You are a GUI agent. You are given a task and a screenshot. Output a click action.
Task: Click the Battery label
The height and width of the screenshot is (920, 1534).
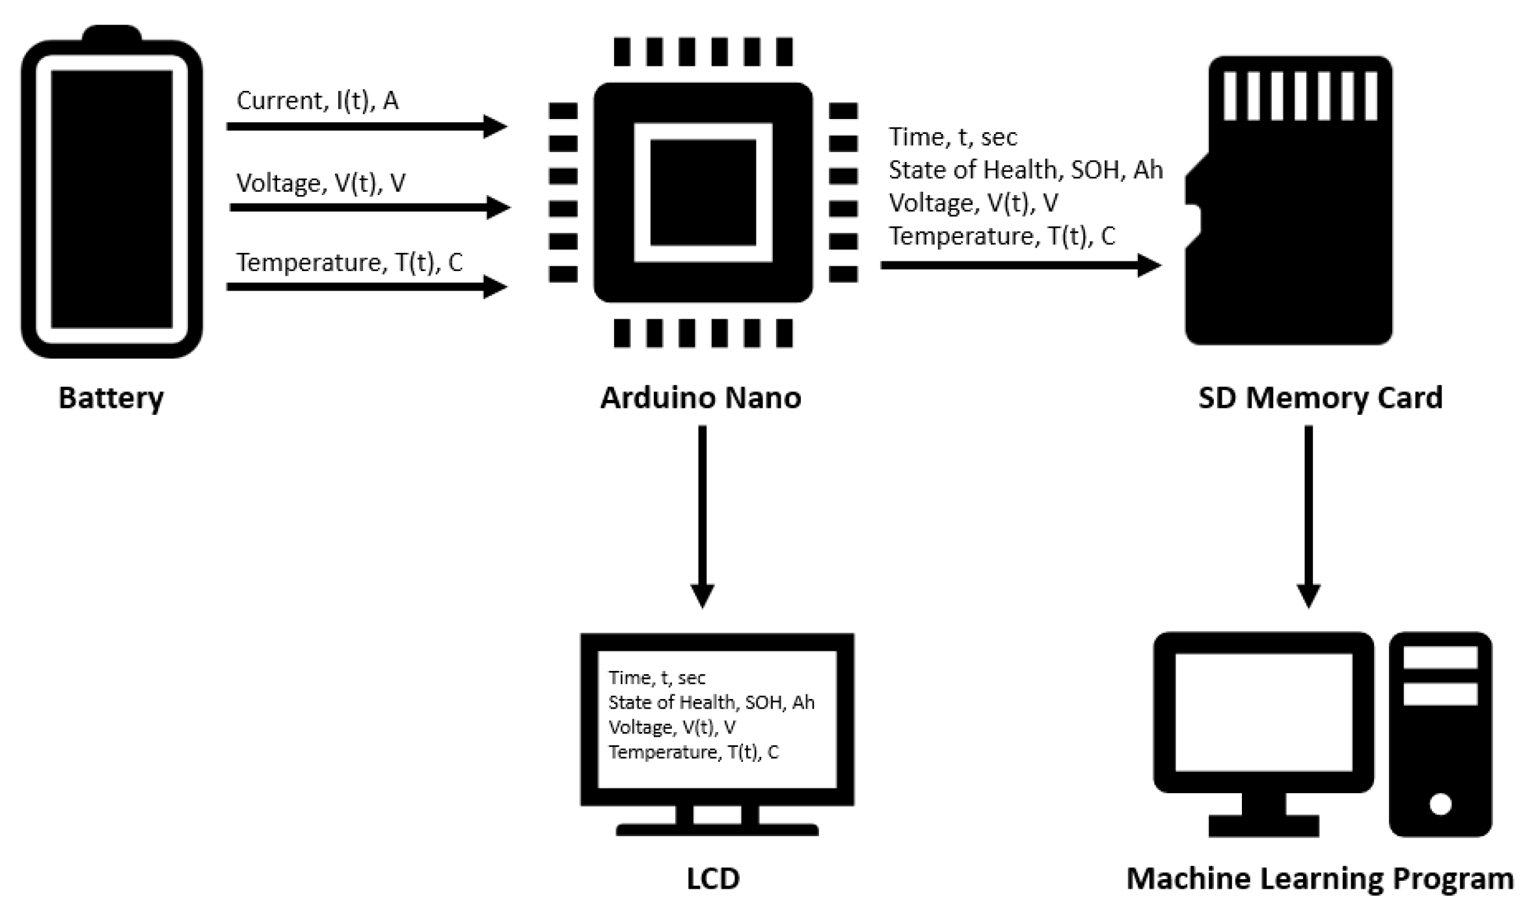click(x=111, y=398)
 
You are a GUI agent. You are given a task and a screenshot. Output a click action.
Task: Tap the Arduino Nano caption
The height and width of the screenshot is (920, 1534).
click(x=700, y=398)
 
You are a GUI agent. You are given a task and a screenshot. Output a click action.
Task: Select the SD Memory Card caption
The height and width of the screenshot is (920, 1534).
click(x=1320, y=398)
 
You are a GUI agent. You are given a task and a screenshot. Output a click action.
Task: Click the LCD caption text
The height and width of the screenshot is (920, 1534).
click(x=713, y=878)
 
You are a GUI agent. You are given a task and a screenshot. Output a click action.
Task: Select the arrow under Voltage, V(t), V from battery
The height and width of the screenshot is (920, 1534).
click(x=368, y=207)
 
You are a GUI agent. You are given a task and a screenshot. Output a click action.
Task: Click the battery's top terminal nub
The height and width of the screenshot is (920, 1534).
click(x=112, y=34)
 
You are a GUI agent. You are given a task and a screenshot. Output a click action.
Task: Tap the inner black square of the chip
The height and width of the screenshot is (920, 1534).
click(x=703, y=192)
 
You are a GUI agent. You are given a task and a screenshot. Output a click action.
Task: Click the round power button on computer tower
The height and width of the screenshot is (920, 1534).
click(x=1440, y=804)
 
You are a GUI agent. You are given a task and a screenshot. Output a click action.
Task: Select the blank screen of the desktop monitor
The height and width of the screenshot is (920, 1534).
click(x=1263, y=712)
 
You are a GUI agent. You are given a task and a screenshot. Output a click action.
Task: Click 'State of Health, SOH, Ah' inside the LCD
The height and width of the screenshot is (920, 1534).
click(x=711, y=702)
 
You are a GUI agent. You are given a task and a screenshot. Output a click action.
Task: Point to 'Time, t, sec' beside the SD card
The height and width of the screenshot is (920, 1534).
click(x=952, y=137)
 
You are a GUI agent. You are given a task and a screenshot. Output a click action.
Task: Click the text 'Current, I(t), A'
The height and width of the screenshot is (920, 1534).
click(x=317, y=101)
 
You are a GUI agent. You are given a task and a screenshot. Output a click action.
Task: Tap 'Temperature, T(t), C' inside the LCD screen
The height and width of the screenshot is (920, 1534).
click(x=693, y=752)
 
